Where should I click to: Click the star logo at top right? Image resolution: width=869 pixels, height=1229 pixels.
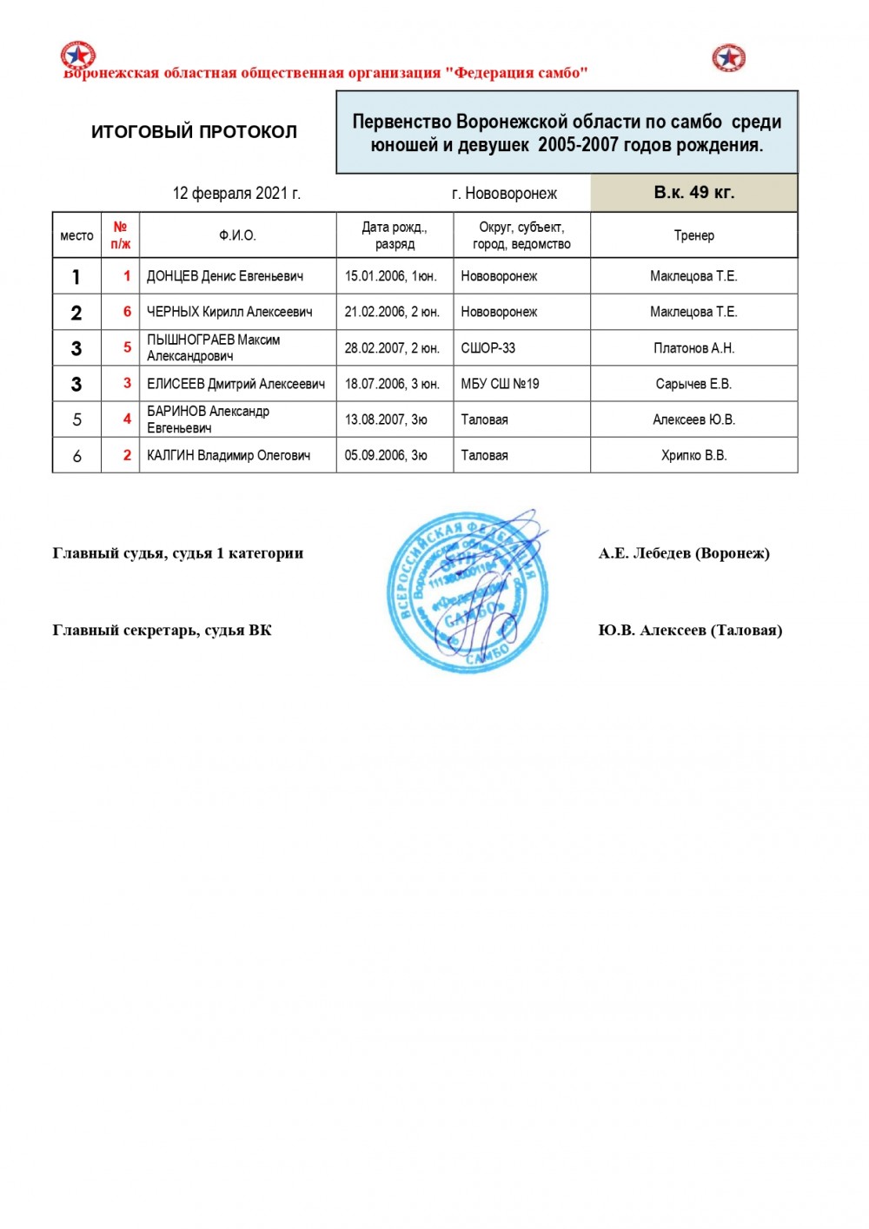728,58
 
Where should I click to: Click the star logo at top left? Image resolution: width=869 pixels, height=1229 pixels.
77,56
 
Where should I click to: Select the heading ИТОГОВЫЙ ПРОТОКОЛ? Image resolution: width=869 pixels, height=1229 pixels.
194,132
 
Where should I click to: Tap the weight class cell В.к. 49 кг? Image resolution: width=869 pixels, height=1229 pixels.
693,193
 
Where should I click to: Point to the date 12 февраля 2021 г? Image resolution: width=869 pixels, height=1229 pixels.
236,193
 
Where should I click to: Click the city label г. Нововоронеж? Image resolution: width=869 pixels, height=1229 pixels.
504,193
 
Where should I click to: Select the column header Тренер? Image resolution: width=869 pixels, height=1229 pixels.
693,235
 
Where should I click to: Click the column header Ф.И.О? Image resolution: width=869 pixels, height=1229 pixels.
237,235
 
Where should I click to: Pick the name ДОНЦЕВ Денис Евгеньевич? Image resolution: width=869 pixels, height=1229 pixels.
225,276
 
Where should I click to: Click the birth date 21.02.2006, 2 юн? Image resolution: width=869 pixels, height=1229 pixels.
392,312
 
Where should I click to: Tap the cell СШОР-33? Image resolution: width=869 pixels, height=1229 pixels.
488,348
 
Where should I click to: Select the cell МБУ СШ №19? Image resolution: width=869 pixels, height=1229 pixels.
500,384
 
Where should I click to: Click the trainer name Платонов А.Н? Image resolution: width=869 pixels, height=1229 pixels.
693,348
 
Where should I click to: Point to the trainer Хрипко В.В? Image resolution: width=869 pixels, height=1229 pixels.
693,455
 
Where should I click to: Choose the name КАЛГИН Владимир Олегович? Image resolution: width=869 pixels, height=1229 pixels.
229,455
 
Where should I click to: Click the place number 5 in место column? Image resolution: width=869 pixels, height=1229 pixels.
76,420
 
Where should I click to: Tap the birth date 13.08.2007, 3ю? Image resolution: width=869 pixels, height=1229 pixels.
386,420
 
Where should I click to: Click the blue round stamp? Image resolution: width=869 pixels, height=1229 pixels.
468,592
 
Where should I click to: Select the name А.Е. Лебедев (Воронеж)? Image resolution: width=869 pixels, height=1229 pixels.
684,553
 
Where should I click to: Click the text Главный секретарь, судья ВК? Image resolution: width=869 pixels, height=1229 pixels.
162,631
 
